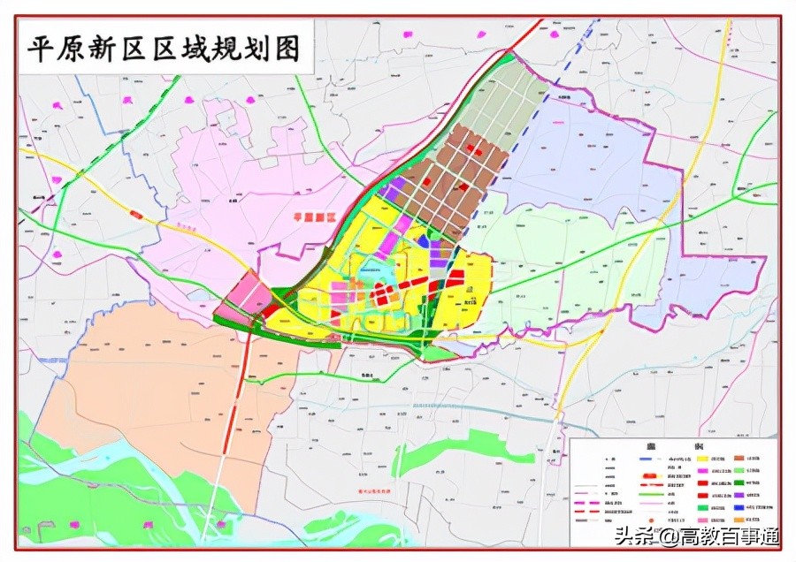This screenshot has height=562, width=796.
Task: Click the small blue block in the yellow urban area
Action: (x=424, y=241)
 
